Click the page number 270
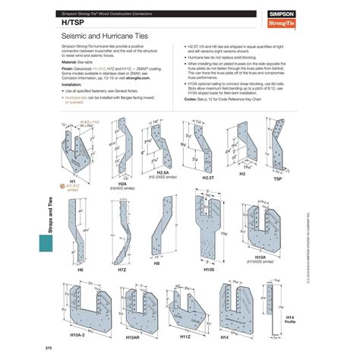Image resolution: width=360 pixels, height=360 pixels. [x=49, y=349]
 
